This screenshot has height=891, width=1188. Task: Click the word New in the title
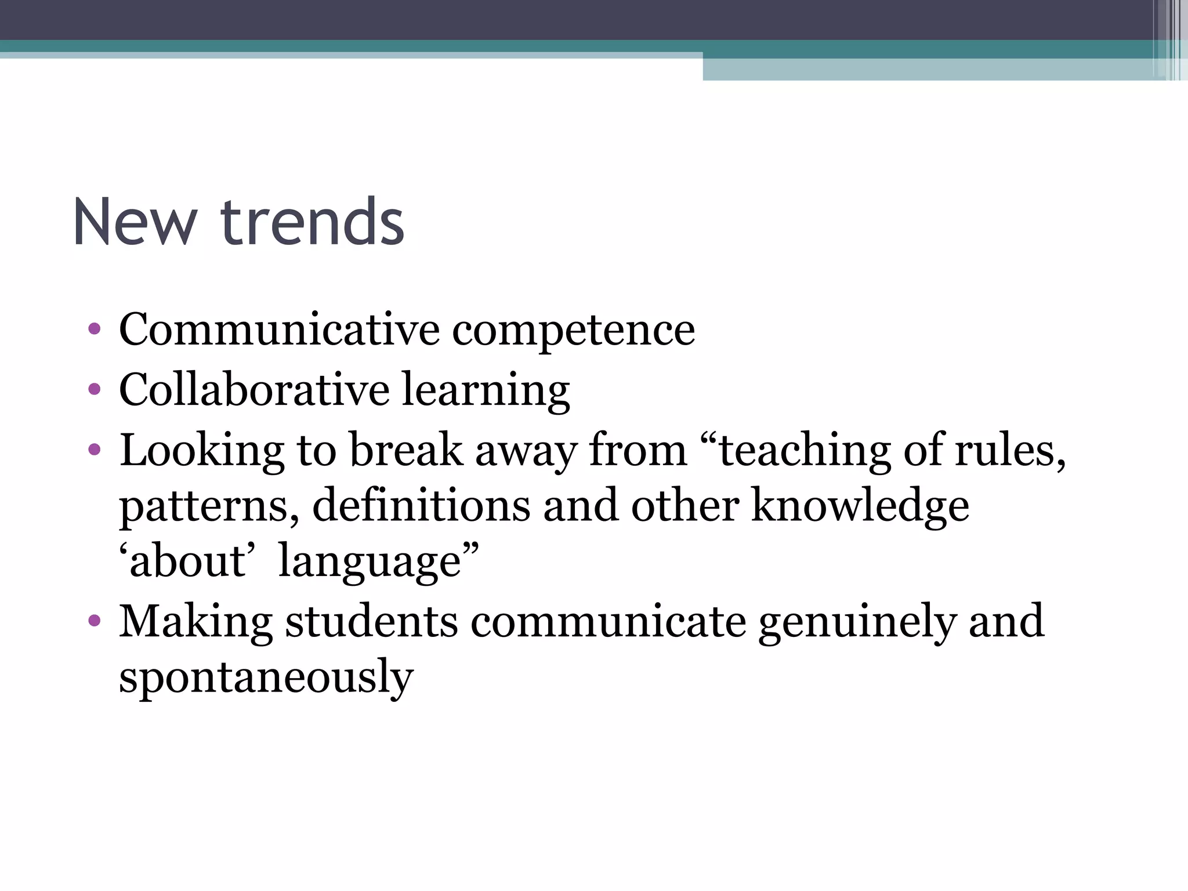point(135,223)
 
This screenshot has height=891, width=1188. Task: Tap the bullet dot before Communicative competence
point(95,329)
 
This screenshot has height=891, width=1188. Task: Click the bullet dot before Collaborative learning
point(95,389)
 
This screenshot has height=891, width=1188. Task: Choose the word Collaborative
point(254,389)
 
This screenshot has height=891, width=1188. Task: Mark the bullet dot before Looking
point(95,450)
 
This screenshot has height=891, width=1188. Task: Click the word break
point(406,450)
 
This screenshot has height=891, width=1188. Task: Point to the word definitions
point(421,505)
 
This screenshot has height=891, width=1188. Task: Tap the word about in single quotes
point(187,561)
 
